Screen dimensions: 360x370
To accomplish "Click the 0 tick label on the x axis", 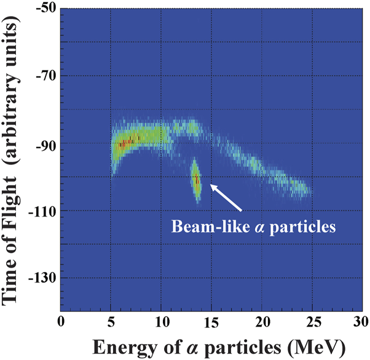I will point(60,322).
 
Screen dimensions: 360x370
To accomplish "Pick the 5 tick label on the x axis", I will point(111,322).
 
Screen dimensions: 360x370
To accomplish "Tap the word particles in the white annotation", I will point(306,226).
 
